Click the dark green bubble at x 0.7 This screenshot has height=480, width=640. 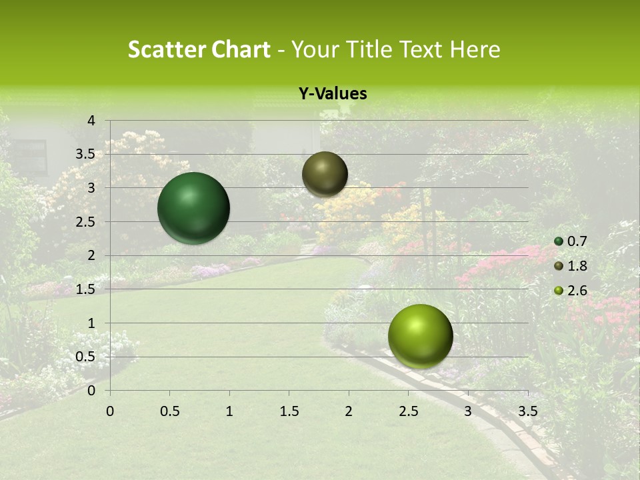[x=193, y=208]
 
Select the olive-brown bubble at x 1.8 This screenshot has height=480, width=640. [x=325, y=174]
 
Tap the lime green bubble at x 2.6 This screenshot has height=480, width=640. [x=420, y=336]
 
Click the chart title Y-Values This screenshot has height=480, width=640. [x=332, y=94]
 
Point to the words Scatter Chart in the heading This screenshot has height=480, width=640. [x=199, y=49]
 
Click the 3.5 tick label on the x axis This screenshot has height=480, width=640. [x=528, y=411]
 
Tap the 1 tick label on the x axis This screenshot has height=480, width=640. [x=229, y=411]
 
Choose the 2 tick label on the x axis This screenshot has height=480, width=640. [x=349, y=411]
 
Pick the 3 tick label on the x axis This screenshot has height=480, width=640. [x=468, y=411]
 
